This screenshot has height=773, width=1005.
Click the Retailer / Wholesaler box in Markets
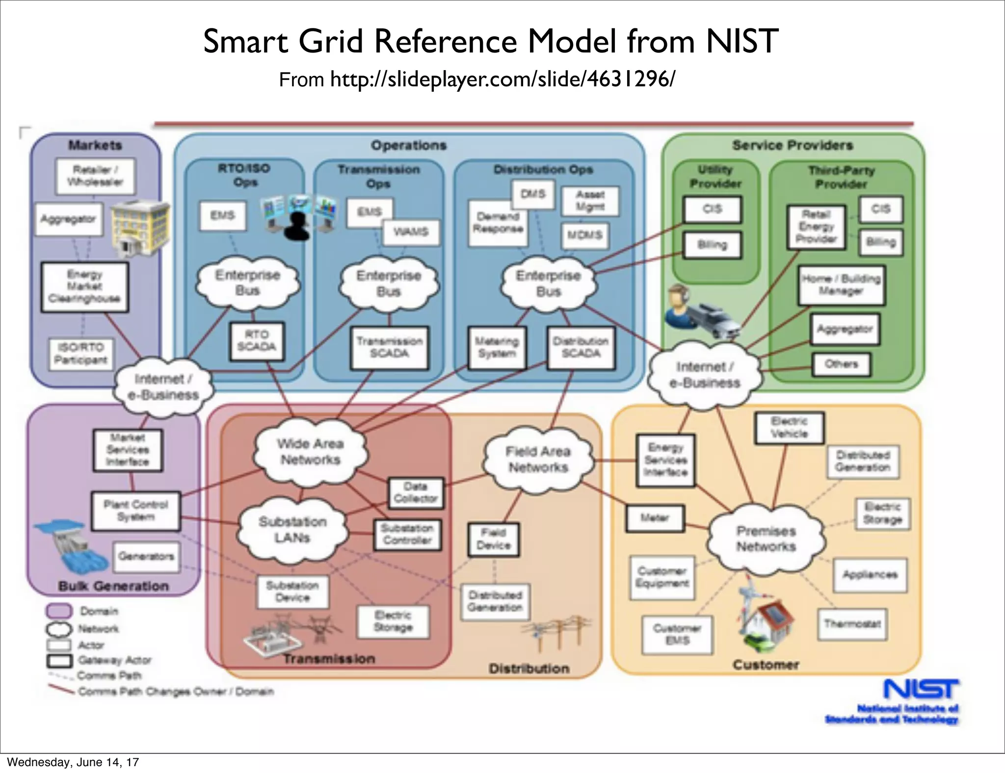coord(95,176)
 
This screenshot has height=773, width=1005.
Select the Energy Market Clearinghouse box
coord(84,287)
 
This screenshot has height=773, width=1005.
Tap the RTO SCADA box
coord(257,341)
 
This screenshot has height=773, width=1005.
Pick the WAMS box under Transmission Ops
coord(411,232)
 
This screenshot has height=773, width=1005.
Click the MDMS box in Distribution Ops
coord(584,235)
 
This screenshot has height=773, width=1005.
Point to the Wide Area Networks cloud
coord(310,452)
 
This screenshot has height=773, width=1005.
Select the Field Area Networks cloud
coord(538,460)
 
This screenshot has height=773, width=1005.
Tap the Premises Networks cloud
coord(766,539)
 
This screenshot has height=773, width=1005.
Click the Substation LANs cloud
coord(292,530)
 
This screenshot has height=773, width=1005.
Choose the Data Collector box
coord(416,493)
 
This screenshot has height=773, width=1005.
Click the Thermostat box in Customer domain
coord(852,624)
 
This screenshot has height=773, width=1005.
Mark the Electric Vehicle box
coord(789,428)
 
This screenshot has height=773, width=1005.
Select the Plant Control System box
coord(136,511)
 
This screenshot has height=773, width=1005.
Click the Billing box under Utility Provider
coord(712,245)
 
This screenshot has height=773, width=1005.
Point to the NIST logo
coord(921,689)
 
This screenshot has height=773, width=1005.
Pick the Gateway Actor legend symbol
coord(59,661)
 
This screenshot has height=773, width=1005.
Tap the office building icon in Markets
coord(139,228)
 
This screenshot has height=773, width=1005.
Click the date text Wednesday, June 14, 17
coord(73,762)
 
